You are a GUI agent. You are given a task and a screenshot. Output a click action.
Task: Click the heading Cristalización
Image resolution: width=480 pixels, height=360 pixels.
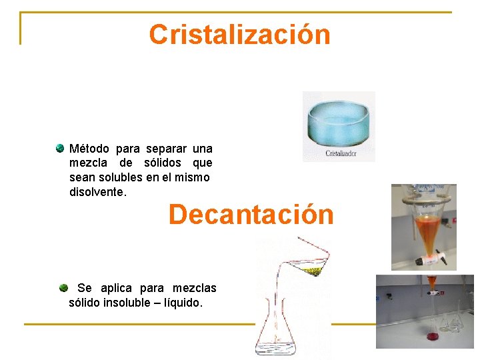pyautogui.click(x=239, y=34)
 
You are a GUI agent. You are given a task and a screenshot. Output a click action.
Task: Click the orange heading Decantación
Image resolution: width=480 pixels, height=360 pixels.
pyautogui.click(x=251, y=215)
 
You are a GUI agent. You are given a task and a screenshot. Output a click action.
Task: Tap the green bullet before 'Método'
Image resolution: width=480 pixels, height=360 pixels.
pyautogui.click(x=60, y=148)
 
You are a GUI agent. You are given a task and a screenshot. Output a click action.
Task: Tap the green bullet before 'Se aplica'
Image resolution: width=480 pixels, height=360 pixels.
pyautogui.click(x=63, y=288)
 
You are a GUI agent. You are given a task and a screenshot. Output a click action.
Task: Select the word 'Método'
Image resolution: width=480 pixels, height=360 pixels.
pyautogui.click(x=89, y=149)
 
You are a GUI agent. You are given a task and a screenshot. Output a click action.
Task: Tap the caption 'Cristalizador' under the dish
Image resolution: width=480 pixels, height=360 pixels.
pyautogui.click(x=341, y=153)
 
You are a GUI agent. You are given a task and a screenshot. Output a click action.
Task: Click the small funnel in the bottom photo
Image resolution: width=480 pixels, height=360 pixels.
pyautogui.click(x=432, y=283)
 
